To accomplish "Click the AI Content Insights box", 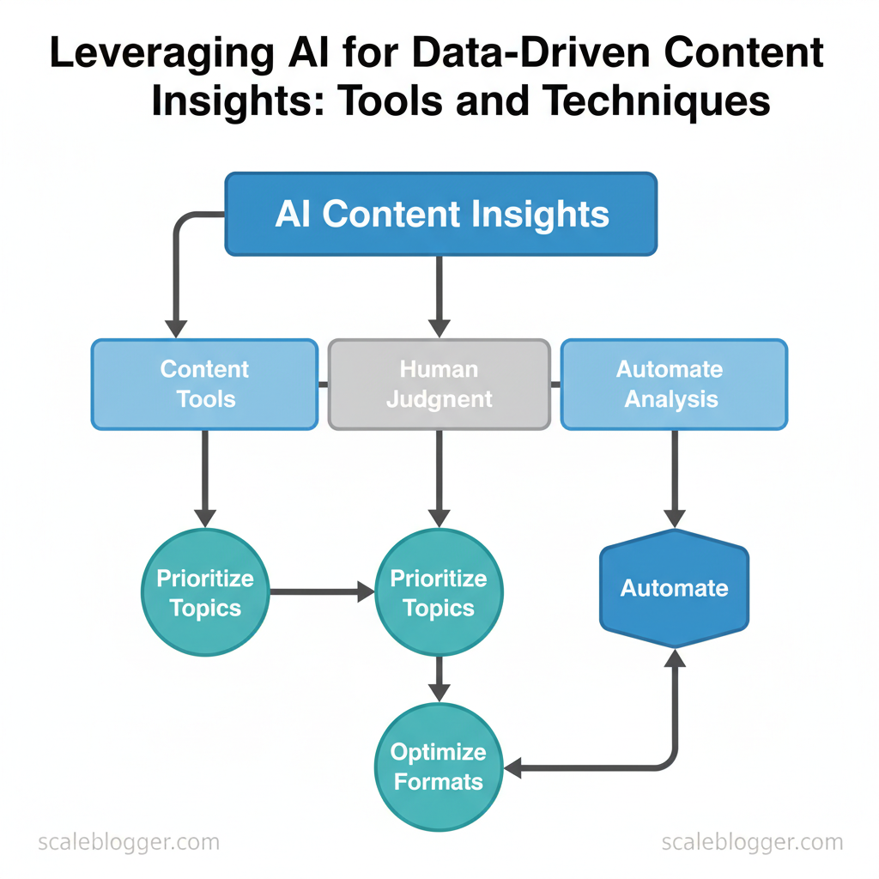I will tap(440, 214).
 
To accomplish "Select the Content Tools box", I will tap(204, 384).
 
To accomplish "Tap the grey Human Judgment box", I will tap(439, 384).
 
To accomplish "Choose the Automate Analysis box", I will tap(673, 384).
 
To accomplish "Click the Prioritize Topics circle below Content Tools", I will tap(204, 593).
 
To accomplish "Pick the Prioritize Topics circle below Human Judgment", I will tap(439, 593).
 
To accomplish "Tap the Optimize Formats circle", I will tap(439, 767).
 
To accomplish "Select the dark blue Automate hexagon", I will tap(674, 589).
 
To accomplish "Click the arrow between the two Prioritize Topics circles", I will tap(322, 591).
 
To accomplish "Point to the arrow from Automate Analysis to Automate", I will tap(674, 477).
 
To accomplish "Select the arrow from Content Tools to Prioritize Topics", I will tap(204, 477).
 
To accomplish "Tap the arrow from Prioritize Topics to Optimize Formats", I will tap(439, 678).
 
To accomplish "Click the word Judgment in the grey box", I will tap(439, 398).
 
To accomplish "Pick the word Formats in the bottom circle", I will tap(439, 782).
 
